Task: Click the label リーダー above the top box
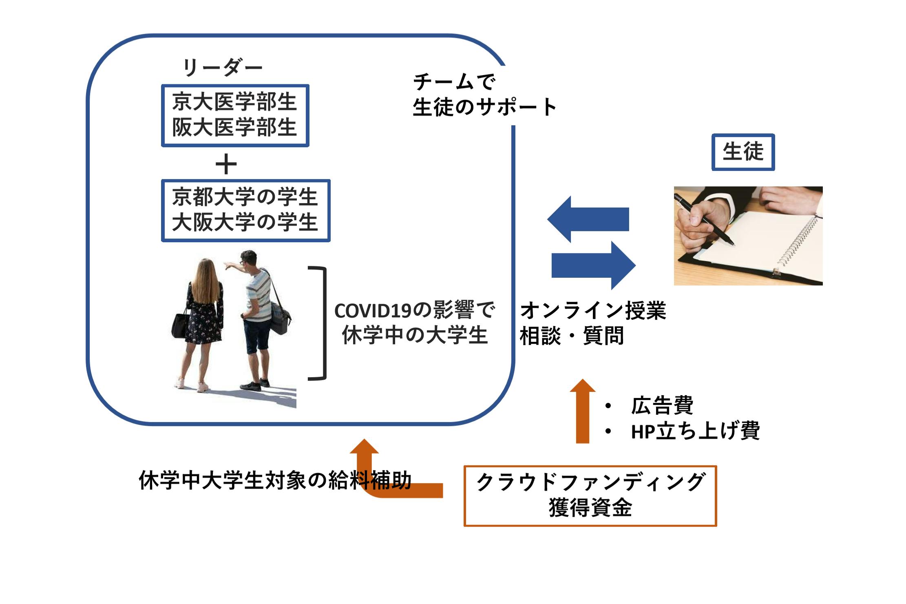[222, 68]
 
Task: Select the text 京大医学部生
[234, 102]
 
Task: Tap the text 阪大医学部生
[234, 127]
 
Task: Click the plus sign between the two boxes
[226, 165]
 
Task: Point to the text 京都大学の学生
[245, 197]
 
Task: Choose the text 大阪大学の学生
[245, 223]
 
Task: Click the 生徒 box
[743, 152]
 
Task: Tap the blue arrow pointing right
[593, 265]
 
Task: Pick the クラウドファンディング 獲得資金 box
[590, 496]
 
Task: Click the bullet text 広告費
[662, 405]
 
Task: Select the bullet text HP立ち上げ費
[695, 431]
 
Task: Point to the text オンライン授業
[593, 311]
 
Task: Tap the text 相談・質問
[572, 336]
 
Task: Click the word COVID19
[373, 311]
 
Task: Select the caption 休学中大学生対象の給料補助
[275, 480]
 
